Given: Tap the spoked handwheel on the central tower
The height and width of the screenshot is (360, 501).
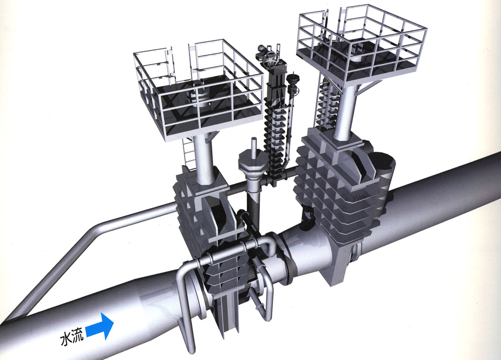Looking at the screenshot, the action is pyautogui.click(x=272, y=59).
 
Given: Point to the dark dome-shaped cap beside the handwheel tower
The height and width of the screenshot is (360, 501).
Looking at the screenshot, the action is pyautogui.click(x=293, y=79).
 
